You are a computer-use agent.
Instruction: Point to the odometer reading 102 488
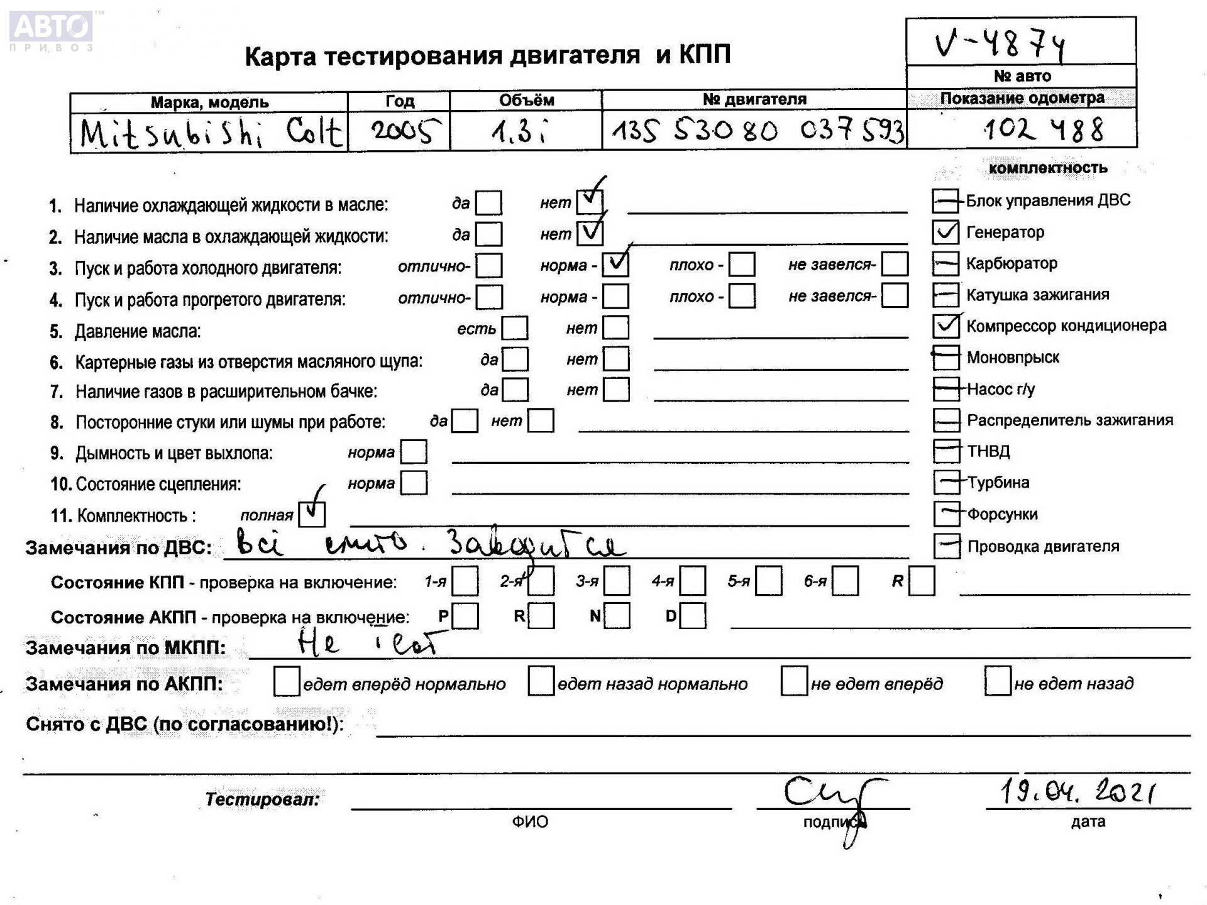pos(1044,130)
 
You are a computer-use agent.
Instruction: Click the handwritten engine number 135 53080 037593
pos(757,131)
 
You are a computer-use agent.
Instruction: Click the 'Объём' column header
pos(526,101)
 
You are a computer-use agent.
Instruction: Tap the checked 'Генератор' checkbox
pos(945,233)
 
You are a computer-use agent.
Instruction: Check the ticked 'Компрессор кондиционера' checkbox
pos(945,326)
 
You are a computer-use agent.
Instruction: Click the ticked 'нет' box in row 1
pos(590,202)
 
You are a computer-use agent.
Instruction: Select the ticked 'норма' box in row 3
pos(615,265)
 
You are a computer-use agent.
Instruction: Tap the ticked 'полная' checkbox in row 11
pos(312,514)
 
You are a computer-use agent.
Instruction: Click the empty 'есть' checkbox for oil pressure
pos(515,328)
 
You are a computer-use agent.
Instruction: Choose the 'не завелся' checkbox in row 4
pos(895,296)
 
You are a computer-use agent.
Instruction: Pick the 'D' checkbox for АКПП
pos(693,616)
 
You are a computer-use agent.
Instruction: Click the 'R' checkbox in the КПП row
pos(922,581)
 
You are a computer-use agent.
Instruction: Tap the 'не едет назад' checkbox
pos(997,682)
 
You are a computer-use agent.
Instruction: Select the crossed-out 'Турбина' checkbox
pos(946,483)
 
